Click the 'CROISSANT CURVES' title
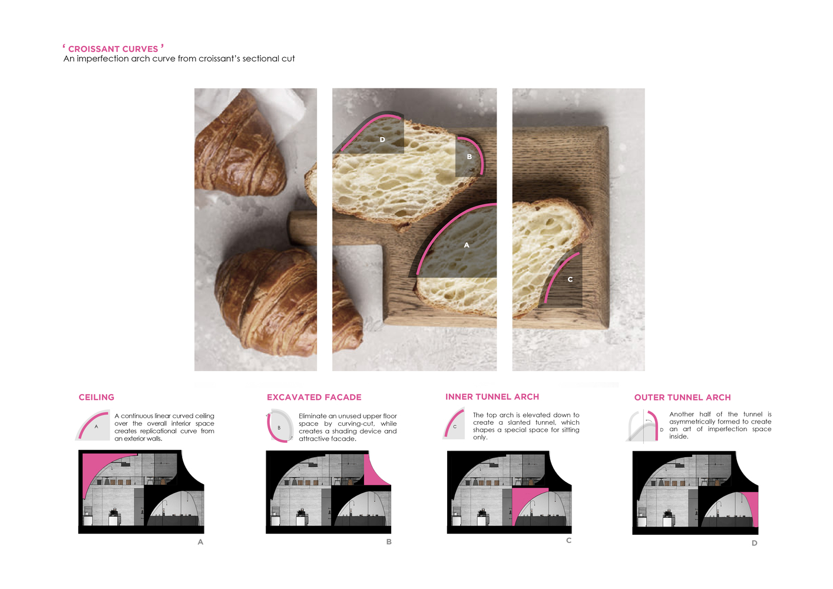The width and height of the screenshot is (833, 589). (x=113, y=49)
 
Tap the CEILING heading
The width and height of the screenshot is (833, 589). (x=96, y=397)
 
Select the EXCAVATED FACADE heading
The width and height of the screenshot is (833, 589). (x=314, y=397)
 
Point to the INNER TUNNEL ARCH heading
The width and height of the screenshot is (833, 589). (x=492, y=397)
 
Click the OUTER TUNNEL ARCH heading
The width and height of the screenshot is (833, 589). (x=682, y=398)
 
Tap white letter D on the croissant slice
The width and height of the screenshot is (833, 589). (x=382, y=140)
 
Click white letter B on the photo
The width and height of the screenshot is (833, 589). (x=470, y=157)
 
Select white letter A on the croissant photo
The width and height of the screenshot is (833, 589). (x=467, y=245)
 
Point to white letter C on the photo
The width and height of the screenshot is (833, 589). (x=570, y=279)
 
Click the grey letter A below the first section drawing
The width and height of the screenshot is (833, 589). (x=200, y=542)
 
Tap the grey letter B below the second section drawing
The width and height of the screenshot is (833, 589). (x=389, y=542)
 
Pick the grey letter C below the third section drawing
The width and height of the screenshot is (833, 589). (x=568, y=540)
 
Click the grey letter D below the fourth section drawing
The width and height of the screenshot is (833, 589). (x=754, y=543)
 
